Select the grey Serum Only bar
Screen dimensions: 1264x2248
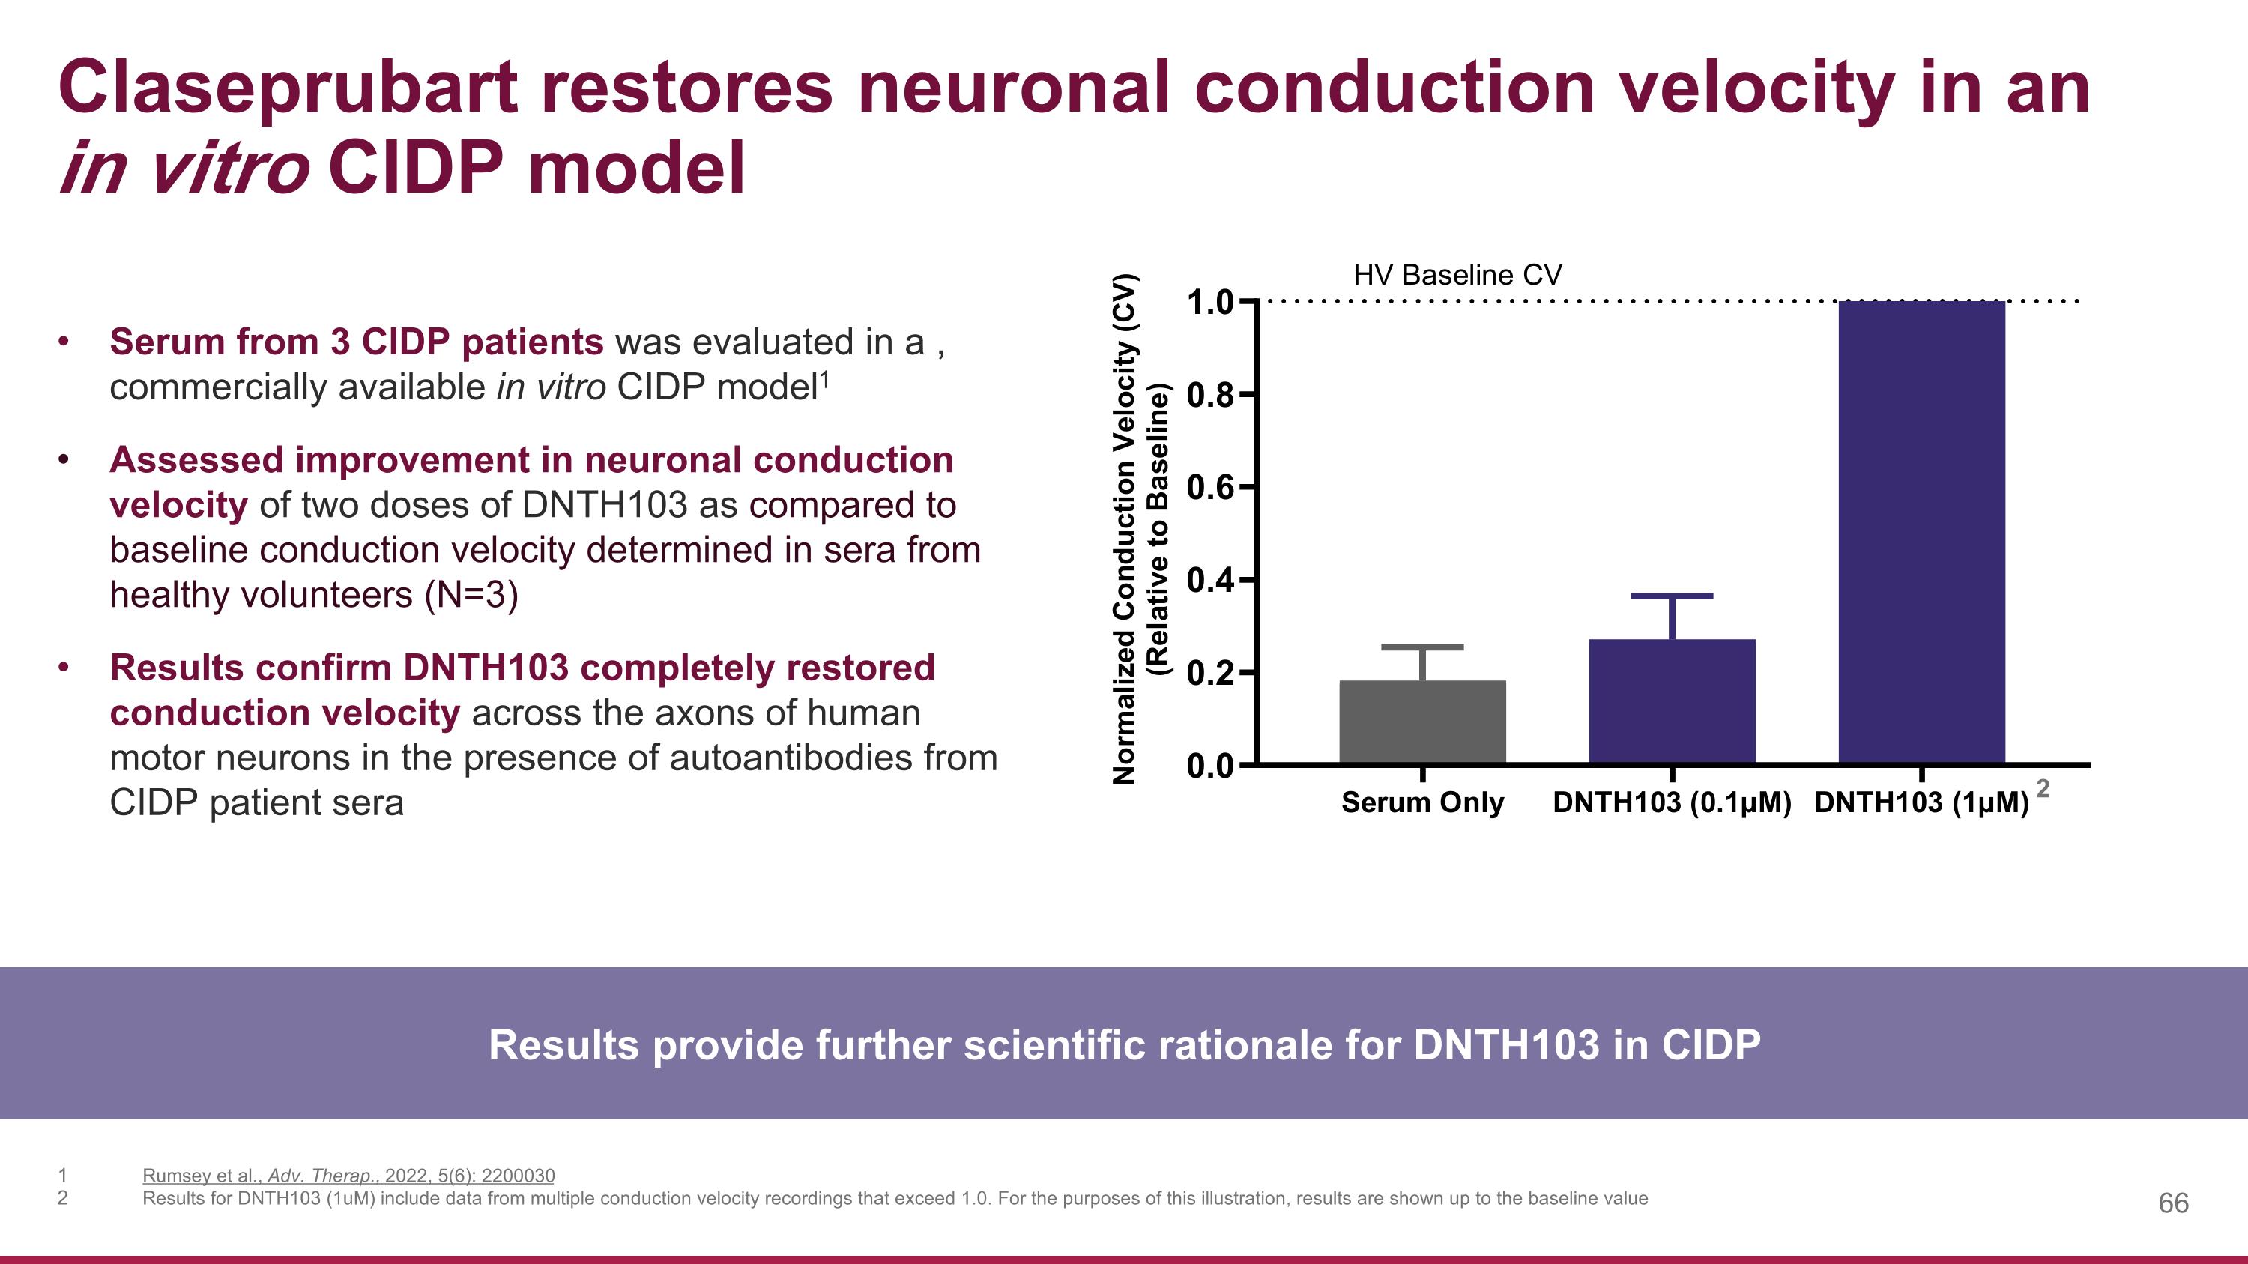[1422, 722]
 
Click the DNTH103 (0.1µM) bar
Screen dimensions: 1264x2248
[1671, 701]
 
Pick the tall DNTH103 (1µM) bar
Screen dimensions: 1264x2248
[1921, 532]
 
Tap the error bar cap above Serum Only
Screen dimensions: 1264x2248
[1422, 647]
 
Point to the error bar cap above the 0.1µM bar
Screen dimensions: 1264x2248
[1671, 596]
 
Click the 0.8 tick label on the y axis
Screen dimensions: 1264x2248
[1209, 395]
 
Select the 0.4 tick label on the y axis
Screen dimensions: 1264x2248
[1209, 580]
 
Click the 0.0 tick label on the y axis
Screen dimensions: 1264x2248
[1209, 766]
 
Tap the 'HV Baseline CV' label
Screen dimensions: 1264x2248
[1457, 276]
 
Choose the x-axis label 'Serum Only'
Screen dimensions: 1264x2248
[1422, 802]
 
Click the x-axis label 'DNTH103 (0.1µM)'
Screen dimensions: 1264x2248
[1671, 802]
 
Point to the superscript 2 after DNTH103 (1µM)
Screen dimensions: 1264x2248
[2043, 788]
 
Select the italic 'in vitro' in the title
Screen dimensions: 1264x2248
[184, 169]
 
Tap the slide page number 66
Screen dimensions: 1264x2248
[2173, 1203]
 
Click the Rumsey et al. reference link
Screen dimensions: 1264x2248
[348, 1175]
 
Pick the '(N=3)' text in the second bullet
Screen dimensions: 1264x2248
[471, 596]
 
